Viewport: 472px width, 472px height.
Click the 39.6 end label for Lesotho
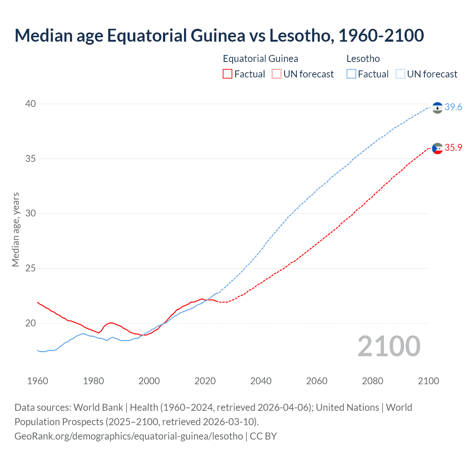pos(453,107)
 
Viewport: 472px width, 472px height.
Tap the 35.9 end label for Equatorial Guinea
pos(453,147)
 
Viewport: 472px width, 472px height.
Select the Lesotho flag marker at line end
pos(437,108)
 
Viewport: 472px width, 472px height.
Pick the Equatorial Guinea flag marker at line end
pos(437,148)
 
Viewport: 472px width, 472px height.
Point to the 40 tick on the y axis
pos(31,104)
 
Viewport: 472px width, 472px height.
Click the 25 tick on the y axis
pos(31,268)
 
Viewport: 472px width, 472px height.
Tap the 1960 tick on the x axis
pos(38,381)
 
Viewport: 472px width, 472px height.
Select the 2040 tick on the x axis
pos(261,381)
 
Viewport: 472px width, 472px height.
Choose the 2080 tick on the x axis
pos(372,381)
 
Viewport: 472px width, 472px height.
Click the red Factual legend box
pos(228,74)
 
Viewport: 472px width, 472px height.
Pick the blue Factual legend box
pos(351,74)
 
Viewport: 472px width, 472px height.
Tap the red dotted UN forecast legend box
pos(277,74)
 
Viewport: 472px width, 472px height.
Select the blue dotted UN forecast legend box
pos(400,74)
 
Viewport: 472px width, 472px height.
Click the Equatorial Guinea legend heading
pos(260,59)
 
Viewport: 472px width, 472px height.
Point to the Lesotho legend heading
pos(363,59)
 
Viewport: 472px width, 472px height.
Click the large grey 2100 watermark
pos(389,346)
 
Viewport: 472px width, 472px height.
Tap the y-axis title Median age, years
pos(15,229)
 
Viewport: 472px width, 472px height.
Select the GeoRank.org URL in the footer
pos(129,436)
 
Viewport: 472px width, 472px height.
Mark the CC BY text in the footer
pos(263,436)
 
